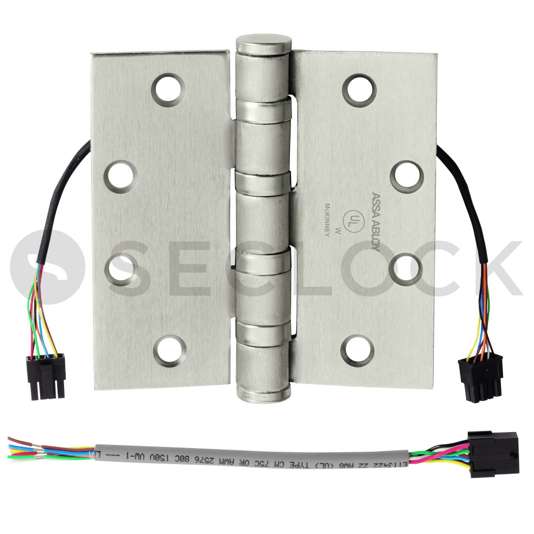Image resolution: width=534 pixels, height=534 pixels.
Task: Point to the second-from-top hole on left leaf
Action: (120, 175)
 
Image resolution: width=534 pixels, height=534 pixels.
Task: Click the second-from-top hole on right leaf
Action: (406, 175)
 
